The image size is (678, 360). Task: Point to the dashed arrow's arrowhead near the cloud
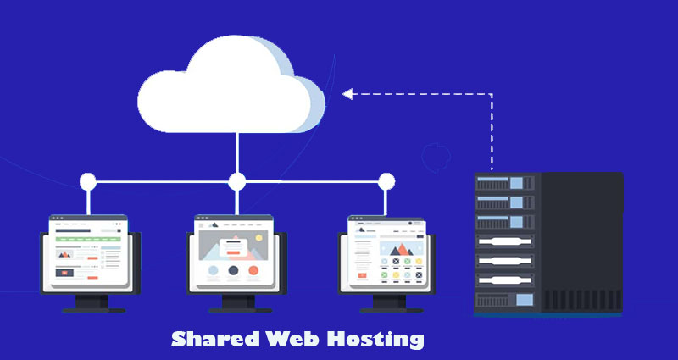click(346, 93)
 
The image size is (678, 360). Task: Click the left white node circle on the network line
click(87, 181)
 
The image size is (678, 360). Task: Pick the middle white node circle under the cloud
click(237, 181)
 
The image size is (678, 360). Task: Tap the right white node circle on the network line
click(386, 181)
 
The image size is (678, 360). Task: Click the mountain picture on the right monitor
click(397, 251)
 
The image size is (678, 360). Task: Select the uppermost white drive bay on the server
click(507, 241)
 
